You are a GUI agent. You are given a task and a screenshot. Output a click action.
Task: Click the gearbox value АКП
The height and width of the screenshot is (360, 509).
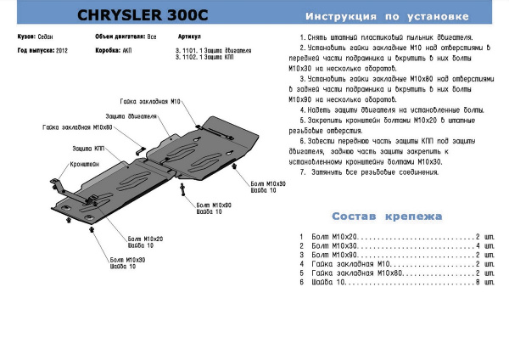point(126,51)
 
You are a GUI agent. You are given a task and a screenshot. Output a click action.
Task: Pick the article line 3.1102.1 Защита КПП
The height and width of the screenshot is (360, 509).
point(200,58)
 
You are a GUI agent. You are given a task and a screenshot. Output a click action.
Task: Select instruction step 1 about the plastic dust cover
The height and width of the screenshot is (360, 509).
point(386,40)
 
